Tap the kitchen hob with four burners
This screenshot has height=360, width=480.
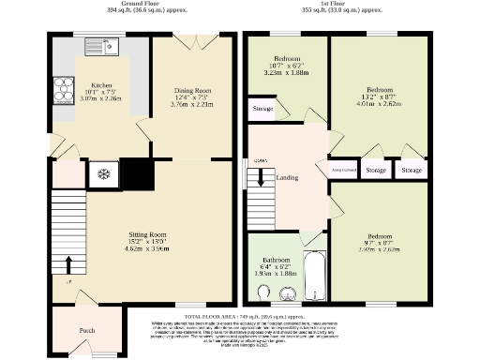(64, 91)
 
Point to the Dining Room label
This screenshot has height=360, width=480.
(192, 90)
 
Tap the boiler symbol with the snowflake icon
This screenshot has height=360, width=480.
(106, 173)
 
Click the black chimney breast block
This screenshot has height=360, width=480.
(139, 173)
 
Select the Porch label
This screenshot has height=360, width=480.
(86, 330)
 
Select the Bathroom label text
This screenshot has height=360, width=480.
(276, 259)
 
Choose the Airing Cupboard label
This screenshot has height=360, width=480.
(344, 170)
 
